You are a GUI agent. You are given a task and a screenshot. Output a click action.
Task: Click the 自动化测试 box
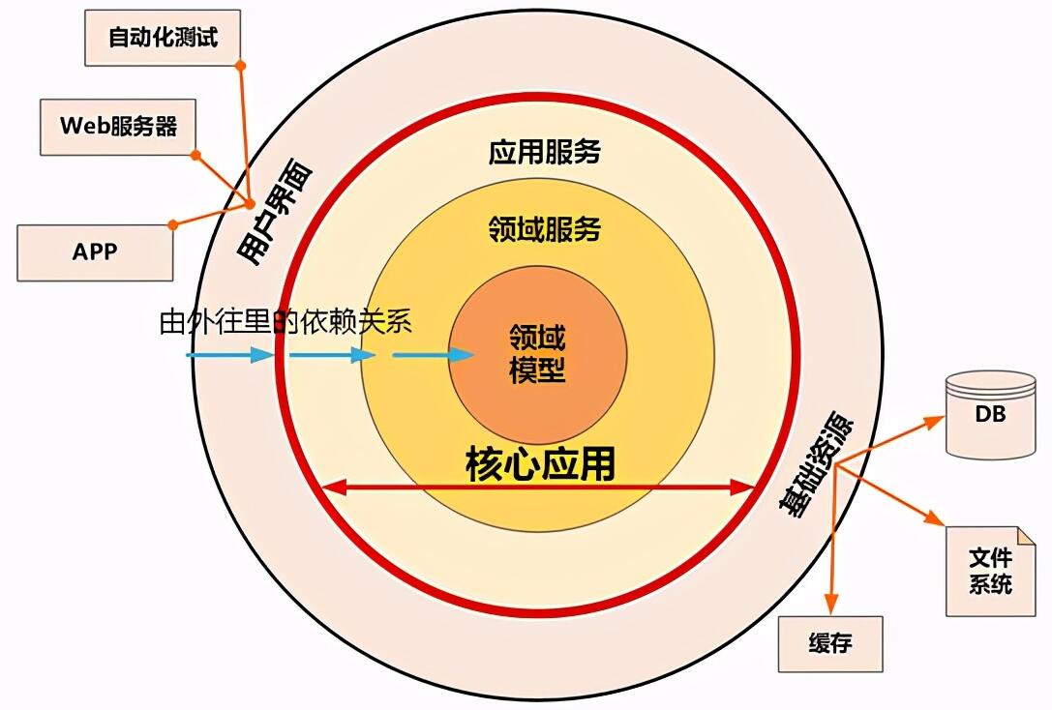click(163, 38)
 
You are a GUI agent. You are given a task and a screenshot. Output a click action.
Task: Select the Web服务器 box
click(118, 127)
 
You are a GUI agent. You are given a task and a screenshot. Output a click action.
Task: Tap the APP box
click(95, 252)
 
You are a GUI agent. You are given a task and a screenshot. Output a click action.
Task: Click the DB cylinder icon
click(990, 415)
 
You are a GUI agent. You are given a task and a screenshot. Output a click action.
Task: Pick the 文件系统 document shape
click(990, 571)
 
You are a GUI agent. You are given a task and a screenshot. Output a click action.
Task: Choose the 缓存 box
click(830, 643)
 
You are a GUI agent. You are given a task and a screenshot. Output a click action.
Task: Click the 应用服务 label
click(544, 152)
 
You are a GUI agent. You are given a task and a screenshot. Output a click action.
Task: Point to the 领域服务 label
click(544, 229)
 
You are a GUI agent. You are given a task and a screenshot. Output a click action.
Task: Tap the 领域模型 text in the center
click(537, 353)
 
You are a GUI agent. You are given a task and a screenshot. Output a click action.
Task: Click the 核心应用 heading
click(541, 464)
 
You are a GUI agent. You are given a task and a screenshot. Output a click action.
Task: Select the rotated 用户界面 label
click(275, 212)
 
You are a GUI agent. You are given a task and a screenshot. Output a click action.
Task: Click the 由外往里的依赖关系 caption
click(286, 321)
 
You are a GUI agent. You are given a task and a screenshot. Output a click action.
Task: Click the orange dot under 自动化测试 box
click(241, 66)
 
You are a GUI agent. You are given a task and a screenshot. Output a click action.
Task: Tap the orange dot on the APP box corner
click(173, 224)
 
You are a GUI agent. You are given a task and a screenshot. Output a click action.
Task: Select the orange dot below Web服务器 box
click(195, 155)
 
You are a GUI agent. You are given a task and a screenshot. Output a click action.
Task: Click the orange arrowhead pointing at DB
click(934, 422)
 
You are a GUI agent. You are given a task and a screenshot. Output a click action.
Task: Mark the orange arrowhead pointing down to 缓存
click(831, 604)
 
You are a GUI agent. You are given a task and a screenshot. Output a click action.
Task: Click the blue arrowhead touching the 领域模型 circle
click(462, 355)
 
